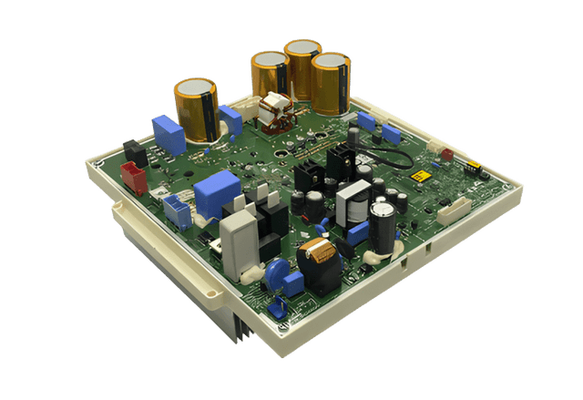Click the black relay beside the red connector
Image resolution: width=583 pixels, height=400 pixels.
(x=135, y=152)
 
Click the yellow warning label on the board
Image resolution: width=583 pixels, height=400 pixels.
(x=421, y=177)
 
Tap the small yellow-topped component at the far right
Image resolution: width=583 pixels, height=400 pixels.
(x=474, y=168)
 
